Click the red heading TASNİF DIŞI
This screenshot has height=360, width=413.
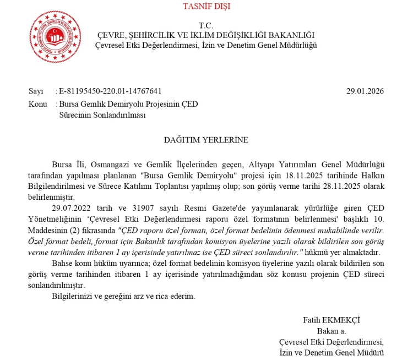[x=206, y=7]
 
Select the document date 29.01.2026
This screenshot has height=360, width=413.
[x=365, y=91]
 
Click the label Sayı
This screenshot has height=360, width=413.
[x=35, y=91]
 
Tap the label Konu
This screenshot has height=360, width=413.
[x=37, y=103]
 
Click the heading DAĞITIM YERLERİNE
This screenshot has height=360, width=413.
[x=206, y=140]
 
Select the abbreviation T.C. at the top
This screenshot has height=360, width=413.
[x=206, y=25]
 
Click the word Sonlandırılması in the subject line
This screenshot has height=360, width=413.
[x=102, y=114]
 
